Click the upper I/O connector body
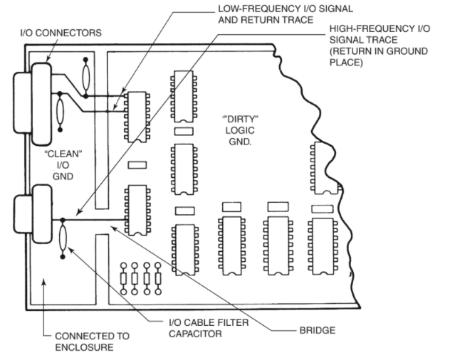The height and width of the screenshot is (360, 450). tap(42, 102)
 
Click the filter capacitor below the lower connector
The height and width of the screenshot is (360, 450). tap(65, 235)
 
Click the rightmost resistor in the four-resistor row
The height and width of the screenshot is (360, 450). tap(158, 278)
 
